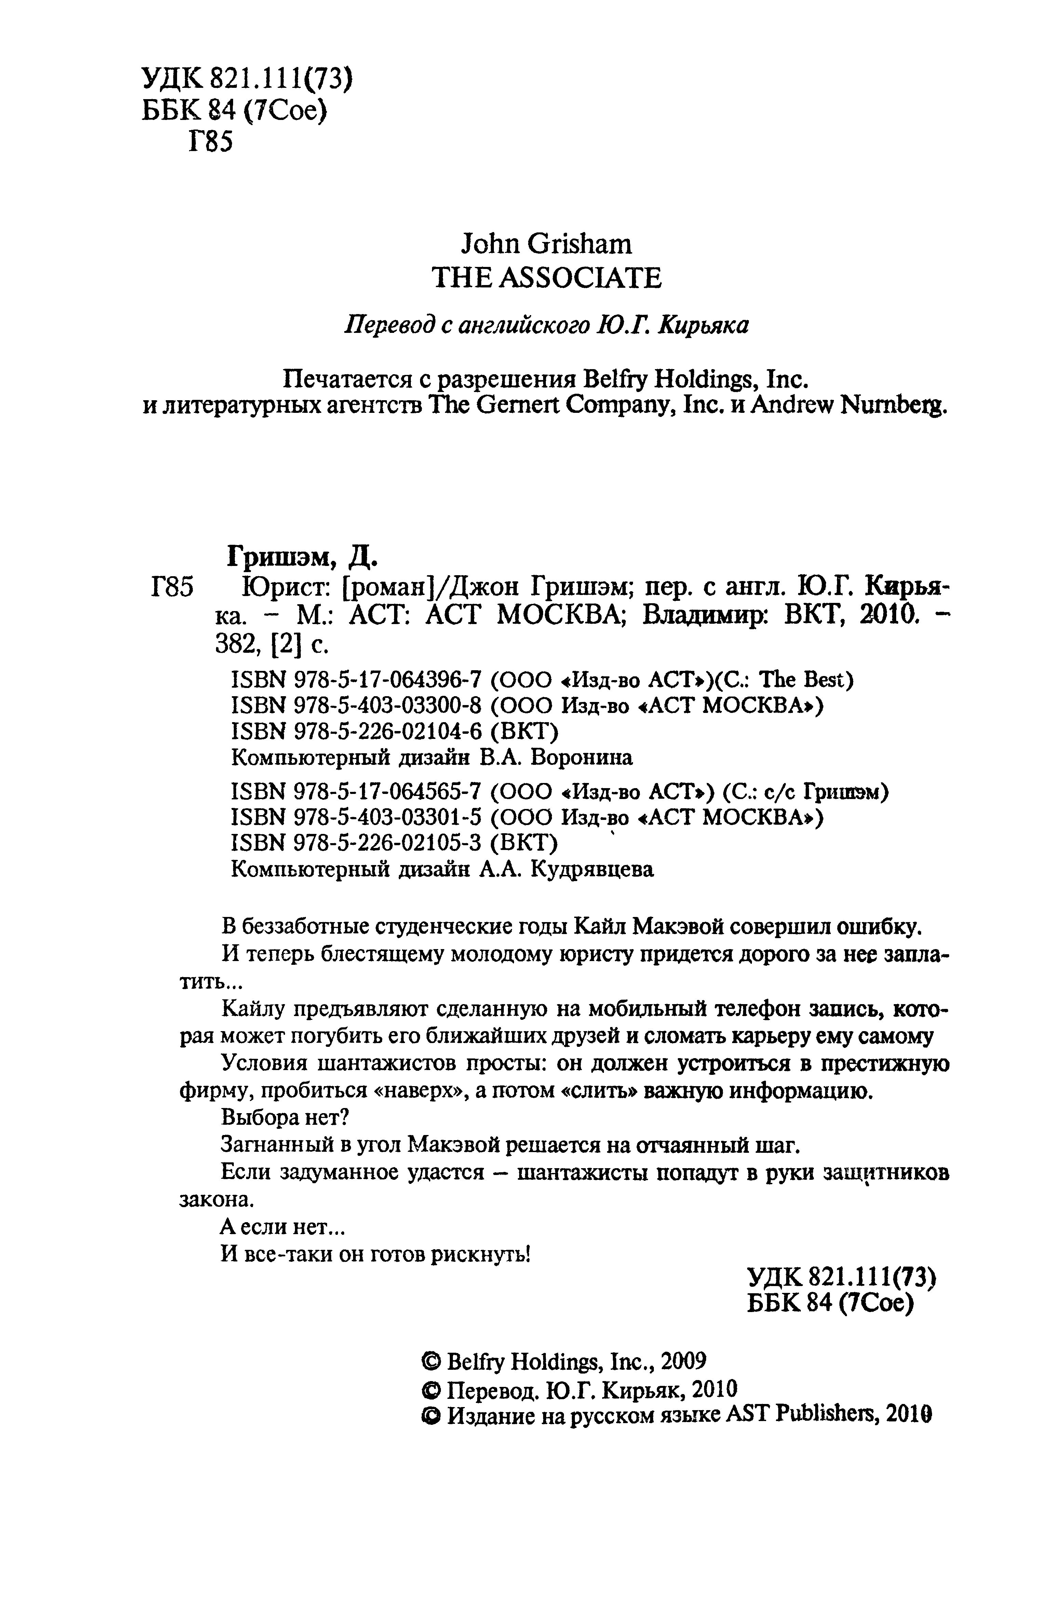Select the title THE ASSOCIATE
(x=546, y=278)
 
